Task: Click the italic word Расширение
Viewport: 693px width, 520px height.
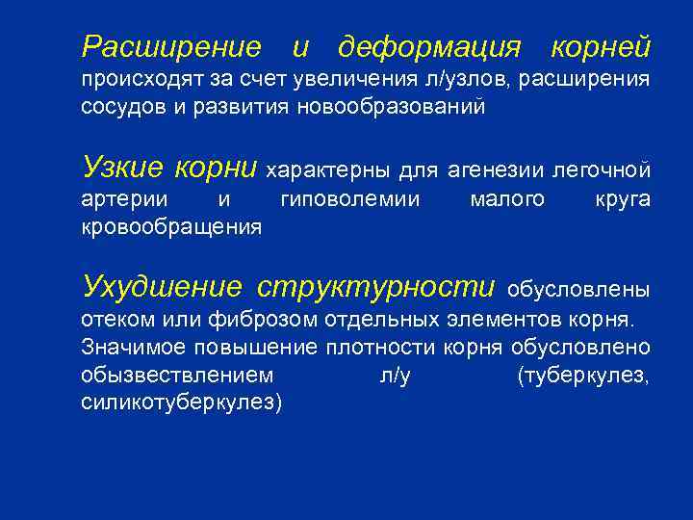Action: pyautogui.click(x=171, y=46)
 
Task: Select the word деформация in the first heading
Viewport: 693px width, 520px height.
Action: pyautogui.click(x=429, y=46)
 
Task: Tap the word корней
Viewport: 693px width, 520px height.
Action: pyautogui.click(x=601, y=46)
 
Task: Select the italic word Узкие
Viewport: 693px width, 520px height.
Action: pyautogui.click(x=123, y=169)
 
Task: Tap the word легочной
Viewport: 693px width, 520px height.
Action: pyautogui.click(x=607, y=170)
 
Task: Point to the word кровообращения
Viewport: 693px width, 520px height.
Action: pyautogui.click(x=172, y=227)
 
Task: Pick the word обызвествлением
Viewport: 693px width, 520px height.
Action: pyautogui.click(x=177, y=374)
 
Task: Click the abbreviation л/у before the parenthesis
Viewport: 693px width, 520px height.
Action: pyautogui.click(x=395, y=375)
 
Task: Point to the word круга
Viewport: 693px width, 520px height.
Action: pyautogui.click(x=624, y=199)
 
